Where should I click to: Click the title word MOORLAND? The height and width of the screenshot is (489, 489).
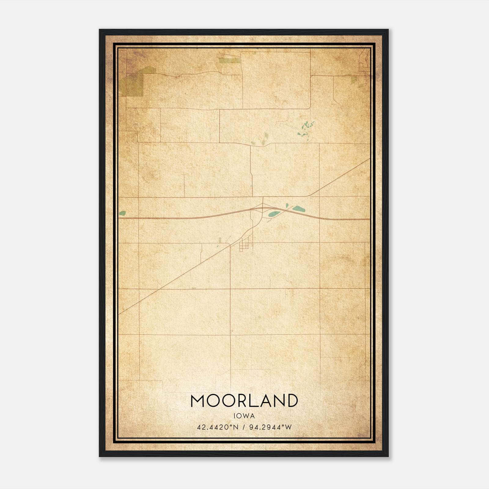coord(244,401)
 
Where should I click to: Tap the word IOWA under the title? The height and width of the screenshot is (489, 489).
coord(244,416)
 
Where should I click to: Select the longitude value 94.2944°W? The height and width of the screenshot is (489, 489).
coord(271,427)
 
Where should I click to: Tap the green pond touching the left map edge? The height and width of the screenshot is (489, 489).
coord(122,213)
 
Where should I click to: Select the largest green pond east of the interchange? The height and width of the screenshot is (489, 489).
coord(298,209)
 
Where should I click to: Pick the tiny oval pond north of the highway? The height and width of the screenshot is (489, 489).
coord(287,205)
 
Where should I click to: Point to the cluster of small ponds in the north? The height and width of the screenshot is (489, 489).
coord(306,128)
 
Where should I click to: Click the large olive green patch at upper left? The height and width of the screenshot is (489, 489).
coord(131,84)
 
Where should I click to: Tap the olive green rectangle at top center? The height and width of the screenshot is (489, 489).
coord(230,60)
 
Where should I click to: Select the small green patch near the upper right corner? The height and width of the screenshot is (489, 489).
coord(354,80)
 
